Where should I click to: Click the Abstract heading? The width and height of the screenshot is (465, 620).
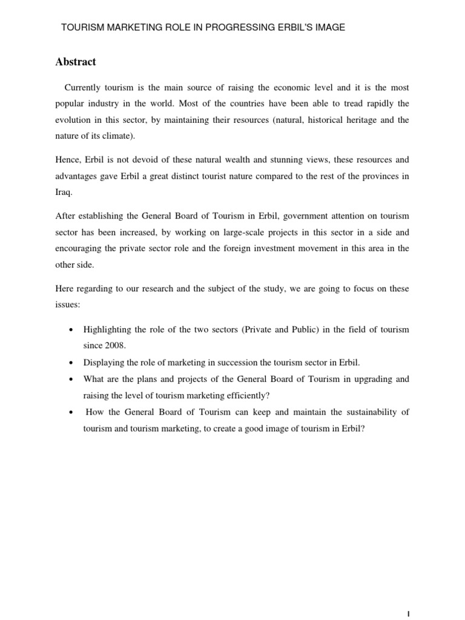pyautogui.click(x=76, y=62)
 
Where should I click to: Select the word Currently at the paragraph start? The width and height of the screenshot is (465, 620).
pyautogui.click(x=84, y=88)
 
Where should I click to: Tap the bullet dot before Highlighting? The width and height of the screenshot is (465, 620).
pyautogui.click(x=71, y=330)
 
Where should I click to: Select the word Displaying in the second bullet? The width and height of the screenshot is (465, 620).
pyautogui.click(x=104, y=363)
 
